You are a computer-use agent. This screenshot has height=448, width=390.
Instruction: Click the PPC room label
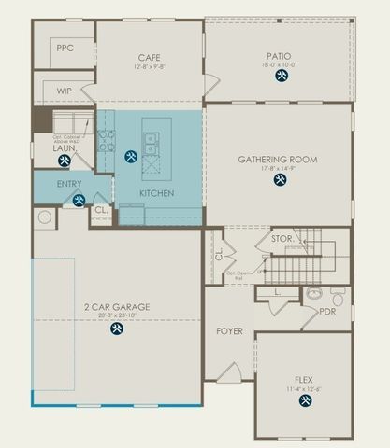point(65,48)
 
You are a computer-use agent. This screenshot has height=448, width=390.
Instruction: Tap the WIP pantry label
point(65,91)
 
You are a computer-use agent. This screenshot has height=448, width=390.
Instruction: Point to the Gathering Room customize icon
point(280,179)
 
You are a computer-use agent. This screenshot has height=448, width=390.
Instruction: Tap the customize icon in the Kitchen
point(130,157)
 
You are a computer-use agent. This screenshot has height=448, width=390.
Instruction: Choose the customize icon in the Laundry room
point(65,161)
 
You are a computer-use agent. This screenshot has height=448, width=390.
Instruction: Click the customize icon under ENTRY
point(79,199)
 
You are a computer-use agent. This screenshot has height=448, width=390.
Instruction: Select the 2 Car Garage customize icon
point(117,329)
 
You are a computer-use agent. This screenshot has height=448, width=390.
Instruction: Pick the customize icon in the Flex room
point(304,400)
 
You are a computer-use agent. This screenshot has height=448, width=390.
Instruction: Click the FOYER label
point(229,331)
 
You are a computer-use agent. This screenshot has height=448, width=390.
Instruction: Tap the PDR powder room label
point(327,312)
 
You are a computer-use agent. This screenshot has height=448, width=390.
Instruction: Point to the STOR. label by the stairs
point(282,239)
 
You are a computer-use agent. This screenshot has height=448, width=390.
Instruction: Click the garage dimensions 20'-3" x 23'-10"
point(117,315)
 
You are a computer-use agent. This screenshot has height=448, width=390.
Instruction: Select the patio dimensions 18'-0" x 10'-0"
point(280,65)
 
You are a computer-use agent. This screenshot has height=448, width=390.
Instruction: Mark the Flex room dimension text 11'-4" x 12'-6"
point(304,388)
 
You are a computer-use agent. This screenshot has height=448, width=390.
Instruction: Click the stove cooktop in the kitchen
point(107,140)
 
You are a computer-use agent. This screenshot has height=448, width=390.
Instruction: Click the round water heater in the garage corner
point(44,217)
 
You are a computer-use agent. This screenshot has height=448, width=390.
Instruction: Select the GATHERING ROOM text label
point(278,160)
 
